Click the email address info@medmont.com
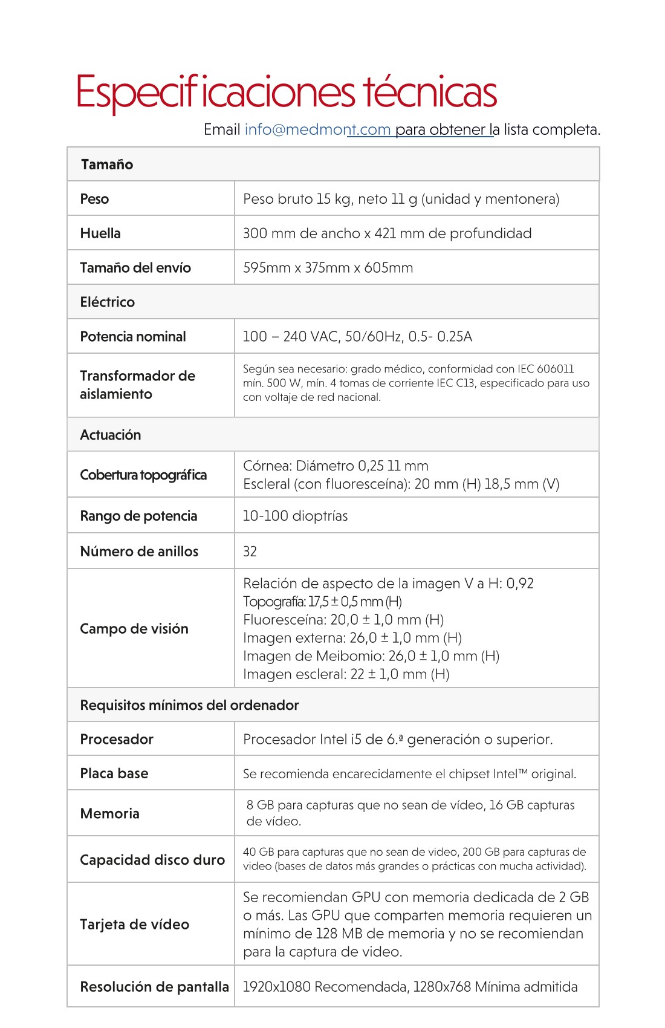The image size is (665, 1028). (317, 129)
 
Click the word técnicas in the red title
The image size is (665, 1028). (430, 93)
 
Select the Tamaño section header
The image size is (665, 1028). (107, 164)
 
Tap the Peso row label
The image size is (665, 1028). (94, 199)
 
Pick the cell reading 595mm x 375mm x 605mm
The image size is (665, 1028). (328, 268)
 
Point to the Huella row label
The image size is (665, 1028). (100, 233)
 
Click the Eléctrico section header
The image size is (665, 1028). (108, 302)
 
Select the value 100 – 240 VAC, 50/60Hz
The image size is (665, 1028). (322, 337)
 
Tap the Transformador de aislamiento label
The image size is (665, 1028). (137, 385)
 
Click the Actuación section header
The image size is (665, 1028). (111, 435)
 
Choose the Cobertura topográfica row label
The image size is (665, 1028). (143, 475)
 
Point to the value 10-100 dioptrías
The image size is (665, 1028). (295, 516)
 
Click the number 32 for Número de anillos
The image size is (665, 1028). (250, 551)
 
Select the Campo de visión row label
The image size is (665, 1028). (134, 629)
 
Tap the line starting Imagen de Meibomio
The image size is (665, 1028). (371, 656)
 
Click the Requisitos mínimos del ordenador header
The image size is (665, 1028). (189, 705)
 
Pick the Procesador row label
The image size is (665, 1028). (117, 740)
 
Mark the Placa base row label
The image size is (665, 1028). (114, 773)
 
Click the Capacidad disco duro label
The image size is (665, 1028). (152, 860)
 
